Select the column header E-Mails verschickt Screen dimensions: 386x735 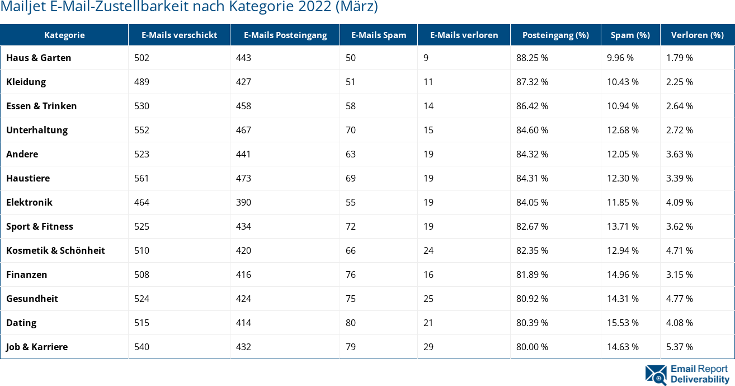(x=179, y=35)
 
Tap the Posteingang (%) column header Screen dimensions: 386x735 (x=555, y=35)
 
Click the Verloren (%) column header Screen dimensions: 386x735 (x=697, y=35)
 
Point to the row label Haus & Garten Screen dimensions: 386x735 (x=39, y=58)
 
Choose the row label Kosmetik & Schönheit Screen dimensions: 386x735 (x=55, y=250)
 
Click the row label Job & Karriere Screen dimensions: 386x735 (x=37, y=347)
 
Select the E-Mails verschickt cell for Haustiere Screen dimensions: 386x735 (x=142, y=178)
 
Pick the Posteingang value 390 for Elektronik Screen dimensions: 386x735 (x=243, y=202)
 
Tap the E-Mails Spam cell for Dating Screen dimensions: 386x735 (x=351, y=323)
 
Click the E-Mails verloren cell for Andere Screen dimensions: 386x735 (x=428, y=154)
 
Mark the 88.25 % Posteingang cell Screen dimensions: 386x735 (x=532, y=58)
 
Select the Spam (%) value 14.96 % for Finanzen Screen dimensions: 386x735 (x=623, y=275)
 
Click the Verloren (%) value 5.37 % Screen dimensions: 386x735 (x=680, y=347)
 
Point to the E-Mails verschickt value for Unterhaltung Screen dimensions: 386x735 (x=142, y=130)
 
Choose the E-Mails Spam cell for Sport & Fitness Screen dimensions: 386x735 (x=351, y=226)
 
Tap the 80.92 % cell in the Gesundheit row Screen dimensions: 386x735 (x=532, y=299)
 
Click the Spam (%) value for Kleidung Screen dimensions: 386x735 (x=623, y=82)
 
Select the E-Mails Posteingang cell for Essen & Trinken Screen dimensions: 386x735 (x=243, y=106)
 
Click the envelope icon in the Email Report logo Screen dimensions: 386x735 (x=656, y=375)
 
